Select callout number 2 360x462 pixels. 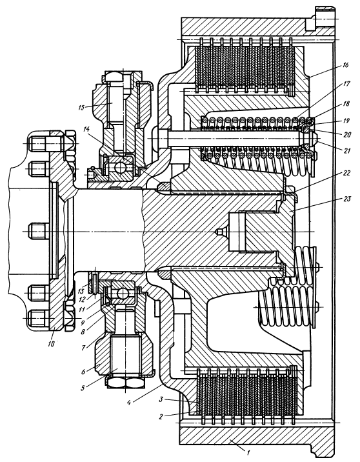tap(161, 417)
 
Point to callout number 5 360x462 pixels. tap(83, 387)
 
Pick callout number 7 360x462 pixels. tap(83, 348)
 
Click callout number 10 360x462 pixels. tap(52, 343)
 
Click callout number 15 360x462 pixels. tap(82, 108)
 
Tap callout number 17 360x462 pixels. tap(346, 84)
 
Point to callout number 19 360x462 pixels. tap(346, 121)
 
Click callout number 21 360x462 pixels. tap(347, 151)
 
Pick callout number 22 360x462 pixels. tap(346, 173)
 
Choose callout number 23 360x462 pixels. tap(347, 199)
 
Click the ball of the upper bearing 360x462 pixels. tap(121, 168)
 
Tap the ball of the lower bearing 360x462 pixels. tap(121, 293)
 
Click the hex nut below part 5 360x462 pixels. tap(126, 383)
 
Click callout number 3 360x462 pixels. tap(161, 400)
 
